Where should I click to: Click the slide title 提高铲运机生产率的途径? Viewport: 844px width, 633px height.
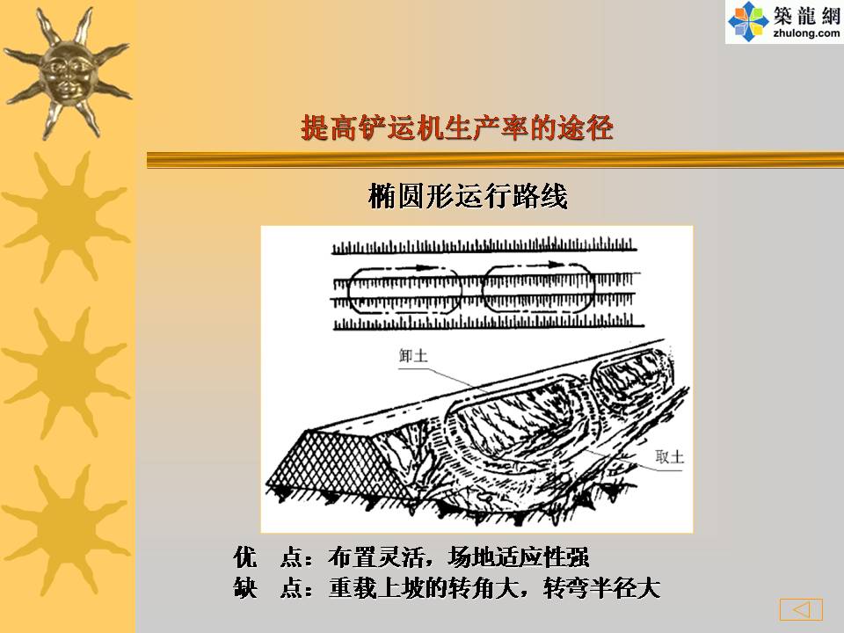click(457, 128)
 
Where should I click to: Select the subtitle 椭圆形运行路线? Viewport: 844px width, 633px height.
click(468, 195)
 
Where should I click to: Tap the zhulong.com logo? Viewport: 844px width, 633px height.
click(784, 21)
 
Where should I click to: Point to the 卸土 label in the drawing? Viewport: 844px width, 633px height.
click(413, 356)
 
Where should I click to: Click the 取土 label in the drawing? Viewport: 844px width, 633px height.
click(670, 456)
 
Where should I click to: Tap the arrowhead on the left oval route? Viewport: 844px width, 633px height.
click(424, 266)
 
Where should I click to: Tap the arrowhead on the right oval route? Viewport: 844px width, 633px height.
click(556, 264)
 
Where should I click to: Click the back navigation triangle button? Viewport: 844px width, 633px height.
click(801, 609)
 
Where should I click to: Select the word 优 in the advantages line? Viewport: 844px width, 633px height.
click(245, 557)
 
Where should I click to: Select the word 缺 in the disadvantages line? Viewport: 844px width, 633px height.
click(245, 588)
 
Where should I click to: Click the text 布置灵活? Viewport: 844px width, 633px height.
click(375, 557)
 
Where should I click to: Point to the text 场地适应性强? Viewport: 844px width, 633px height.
click(519, 557)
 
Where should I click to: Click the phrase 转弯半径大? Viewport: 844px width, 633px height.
click(601, 588)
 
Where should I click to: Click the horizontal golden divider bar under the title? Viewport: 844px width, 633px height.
click(495, 160)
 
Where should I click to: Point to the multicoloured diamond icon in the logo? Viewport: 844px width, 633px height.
click(748, 21)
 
